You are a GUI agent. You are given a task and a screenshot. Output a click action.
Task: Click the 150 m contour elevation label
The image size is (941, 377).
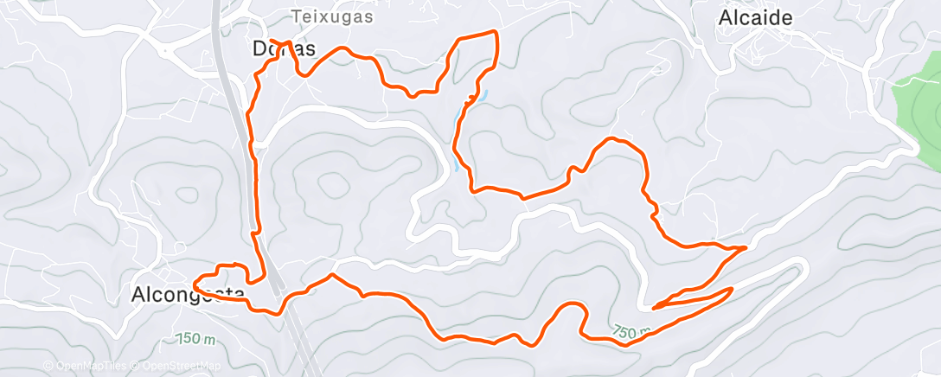(x=194, y=338)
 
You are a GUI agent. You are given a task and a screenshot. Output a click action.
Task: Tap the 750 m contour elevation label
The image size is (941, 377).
(x=633, y=331)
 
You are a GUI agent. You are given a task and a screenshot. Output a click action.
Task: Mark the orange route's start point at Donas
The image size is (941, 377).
(x=272, y=41)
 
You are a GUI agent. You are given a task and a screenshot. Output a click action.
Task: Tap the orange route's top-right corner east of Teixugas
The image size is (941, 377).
(x=496, y=32)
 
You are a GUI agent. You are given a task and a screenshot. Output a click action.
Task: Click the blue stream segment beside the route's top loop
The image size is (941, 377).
(x=481, y=94)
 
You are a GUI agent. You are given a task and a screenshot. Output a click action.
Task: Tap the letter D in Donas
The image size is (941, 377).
(x=259, y=49)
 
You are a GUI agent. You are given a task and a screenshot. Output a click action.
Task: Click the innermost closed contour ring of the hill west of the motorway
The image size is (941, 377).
(x=187, y=183)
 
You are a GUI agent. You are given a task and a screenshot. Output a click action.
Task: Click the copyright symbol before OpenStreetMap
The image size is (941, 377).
(x=136, y=367)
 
